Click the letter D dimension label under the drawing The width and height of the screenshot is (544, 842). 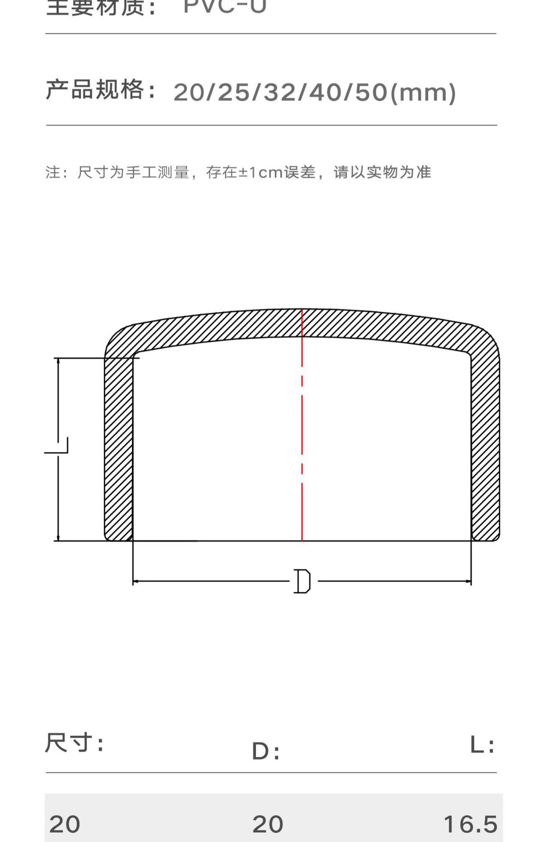click(302, 581)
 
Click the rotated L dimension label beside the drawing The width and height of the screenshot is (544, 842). click(57, 445)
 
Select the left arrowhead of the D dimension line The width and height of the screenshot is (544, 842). click(136, 582)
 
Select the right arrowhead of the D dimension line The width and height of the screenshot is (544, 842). click(468, 582)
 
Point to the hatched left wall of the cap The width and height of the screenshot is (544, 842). click(118, 447)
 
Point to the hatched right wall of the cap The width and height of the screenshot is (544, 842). click(485, 447)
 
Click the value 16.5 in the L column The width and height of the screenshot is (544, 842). click(471, 824)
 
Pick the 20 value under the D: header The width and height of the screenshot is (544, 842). click(268, 824)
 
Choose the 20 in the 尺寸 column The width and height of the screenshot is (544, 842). click(65, 824)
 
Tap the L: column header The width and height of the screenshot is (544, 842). click(482, 745)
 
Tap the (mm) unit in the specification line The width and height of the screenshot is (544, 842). click(423, 93)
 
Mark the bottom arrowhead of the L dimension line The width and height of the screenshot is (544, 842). click(58, 538)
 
